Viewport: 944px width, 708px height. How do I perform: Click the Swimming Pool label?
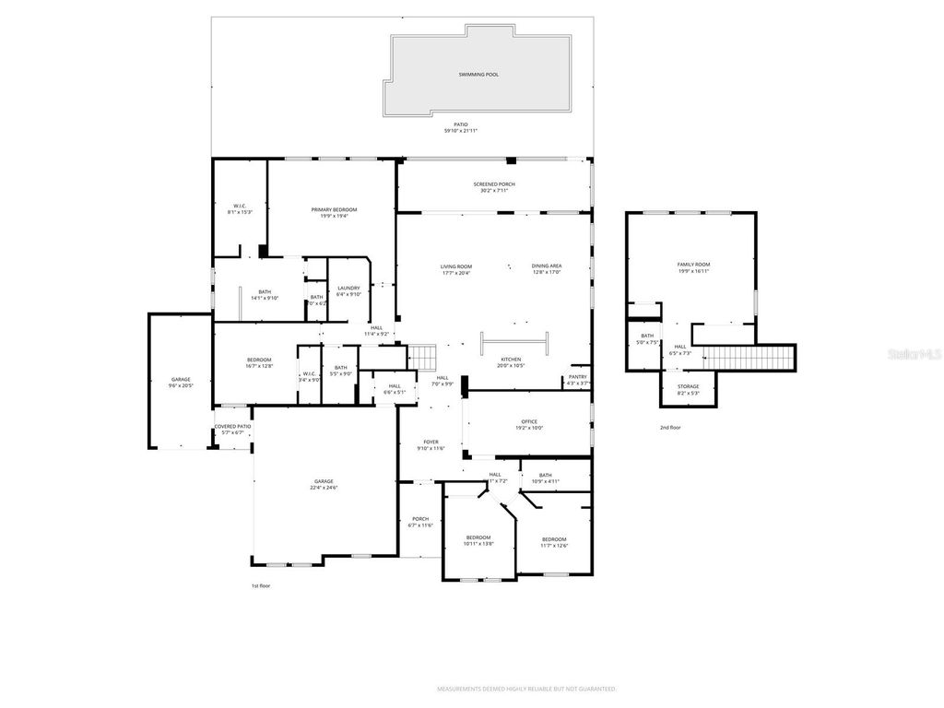pyautogui.click(x=478, y=74)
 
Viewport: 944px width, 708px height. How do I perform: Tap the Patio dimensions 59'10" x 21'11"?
pyautogui.click(x=460, y=131)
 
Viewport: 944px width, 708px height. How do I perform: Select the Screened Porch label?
pyautogui.click(x=494, y=184)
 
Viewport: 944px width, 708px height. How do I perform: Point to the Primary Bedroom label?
pyautogui.click(x=333, y=210)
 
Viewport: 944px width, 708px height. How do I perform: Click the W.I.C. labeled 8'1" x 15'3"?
pyautogui.click(x=240, y=206)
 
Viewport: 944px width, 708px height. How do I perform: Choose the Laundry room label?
pyautogui.click(x=348, y=289)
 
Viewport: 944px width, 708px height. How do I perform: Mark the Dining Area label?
pyautogui.click(x=547, y=266)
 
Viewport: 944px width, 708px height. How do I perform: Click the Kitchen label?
pyautogui.click(x=511, y=360)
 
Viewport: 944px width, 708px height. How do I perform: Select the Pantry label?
pyautogui.click(x=577, y=376)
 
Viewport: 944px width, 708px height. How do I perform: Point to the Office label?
pyautogui.click(x=528, y=422)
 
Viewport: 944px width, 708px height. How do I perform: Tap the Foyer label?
pyautogui.click(x=431, y=442)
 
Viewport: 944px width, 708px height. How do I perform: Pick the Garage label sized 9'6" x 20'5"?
pyautogui.click(x=181, y=379)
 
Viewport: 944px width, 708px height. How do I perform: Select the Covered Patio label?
pyautogui.click(x=232, y=427)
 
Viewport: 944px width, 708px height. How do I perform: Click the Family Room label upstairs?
pyautogui.click(x=693, y=265)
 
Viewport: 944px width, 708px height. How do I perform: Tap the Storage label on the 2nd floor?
pyautogui.click(x=688, y=386)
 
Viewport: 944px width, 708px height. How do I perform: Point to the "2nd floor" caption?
pyautogui.click(x=670, y=428)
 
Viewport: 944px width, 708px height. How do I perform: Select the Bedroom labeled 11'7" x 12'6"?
pyautogui.click(x=554, y=539)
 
